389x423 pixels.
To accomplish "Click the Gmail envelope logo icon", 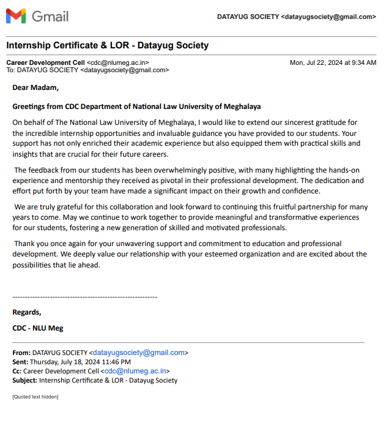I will [16, 17].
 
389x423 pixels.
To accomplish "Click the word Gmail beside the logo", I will [50, 17].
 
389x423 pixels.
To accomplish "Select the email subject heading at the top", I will [107, 45].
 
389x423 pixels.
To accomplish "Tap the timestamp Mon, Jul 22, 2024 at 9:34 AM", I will [333, 62].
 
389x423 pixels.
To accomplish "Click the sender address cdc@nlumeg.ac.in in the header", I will [117, 62].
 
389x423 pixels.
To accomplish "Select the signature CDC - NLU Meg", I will [37, 328].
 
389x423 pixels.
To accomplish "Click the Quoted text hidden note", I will [35, 397].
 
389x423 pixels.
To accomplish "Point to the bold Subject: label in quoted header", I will [24, 380].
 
